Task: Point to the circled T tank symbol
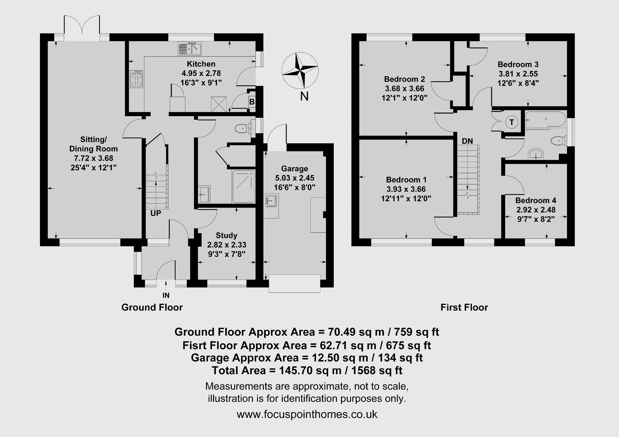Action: (x=511, y=123)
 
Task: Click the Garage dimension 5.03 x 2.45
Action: (x=295, y=178)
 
